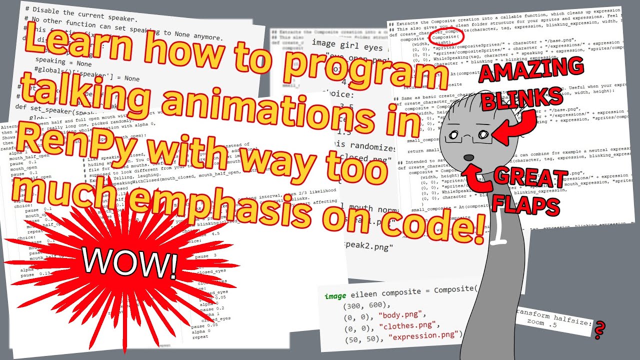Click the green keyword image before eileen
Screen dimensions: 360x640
coord(334,296)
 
